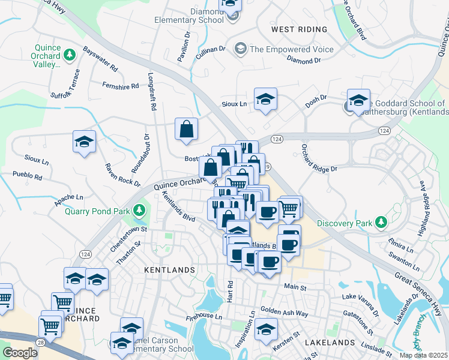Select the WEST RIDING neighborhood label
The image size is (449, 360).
[x=299, y=29]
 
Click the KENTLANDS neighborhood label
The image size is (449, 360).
[x=169, y=271]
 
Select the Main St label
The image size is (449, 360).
[x=295, y=287]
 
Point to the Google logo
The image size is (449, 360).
[x=20, y=353]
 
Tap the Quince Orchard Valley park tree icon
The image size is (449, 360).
[x=70, y=55]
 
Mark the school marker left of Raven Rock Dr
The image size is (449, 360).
[x=84, y=142]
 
